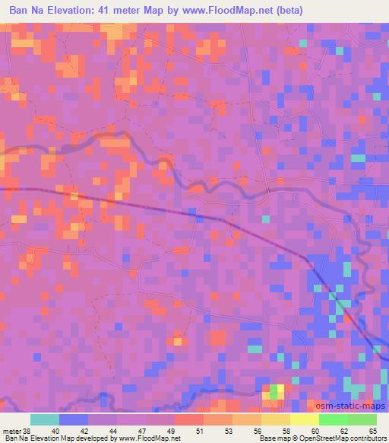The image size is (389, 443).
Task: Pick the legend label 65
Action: (x=372, y=430)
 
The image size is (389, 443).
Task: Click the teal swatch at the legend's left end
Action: (x=45, y=419)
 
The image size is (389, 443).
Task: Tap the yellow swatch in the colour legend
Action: (x=304, y=419)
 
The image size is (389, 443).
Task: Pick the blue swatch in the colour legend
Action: (x=74, y=419)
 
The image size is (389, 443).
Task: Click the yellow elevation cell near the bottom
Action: (x=280, y=388)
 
